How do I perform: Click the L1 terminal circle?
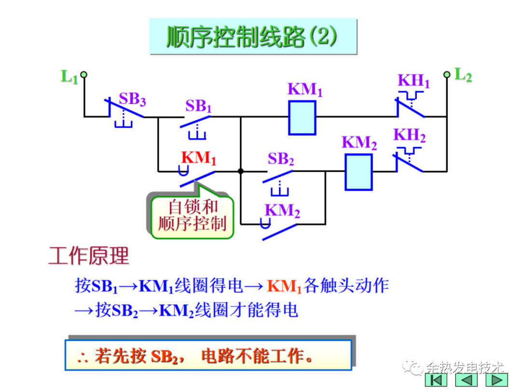(84, 74)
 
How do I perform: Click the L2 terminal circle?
(447, 74)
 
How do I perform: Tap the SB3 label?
(132, 99)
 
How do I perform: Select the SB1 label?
(198, 106)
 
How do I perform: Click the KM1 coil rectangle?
(302, 117)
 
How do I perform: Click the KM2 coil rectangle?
(358, 172)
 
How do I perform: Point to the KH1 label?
(413, 81)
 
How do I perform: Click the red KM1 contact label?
(199, 158)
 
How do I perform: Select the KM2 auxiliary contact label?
(282, 210)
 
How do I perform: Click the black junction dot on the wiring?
(240, 171)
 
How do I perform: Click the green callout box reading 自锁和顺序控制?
(192, 216)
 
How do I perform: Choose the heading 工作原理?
(89, 256)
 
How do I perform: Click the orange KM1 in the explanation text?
(285, 286)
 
